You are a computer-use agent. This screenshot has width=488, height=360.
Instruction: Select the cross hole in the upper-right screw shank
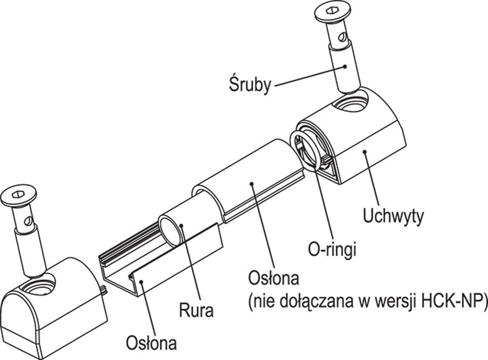coord(343,39)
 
